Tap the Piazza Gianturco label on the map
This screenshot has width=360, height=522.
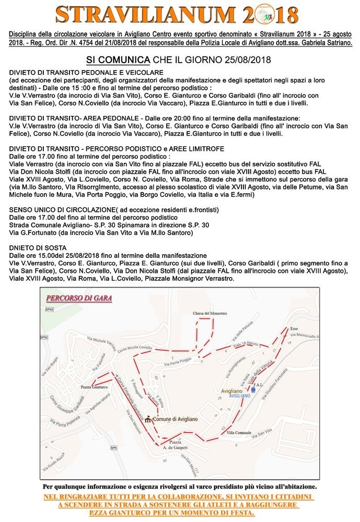[94, 387]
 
